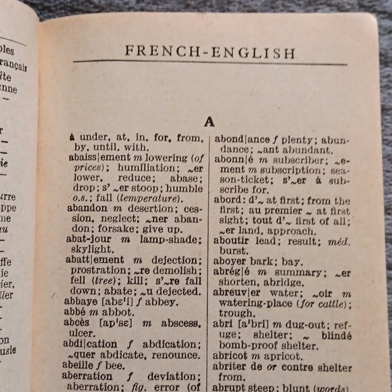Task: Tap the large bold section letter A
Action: click(x=210, y=122)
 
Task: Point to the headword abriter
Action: click(x=233, y=368)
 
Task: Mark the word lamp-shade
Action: click(x=170, y=239)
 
